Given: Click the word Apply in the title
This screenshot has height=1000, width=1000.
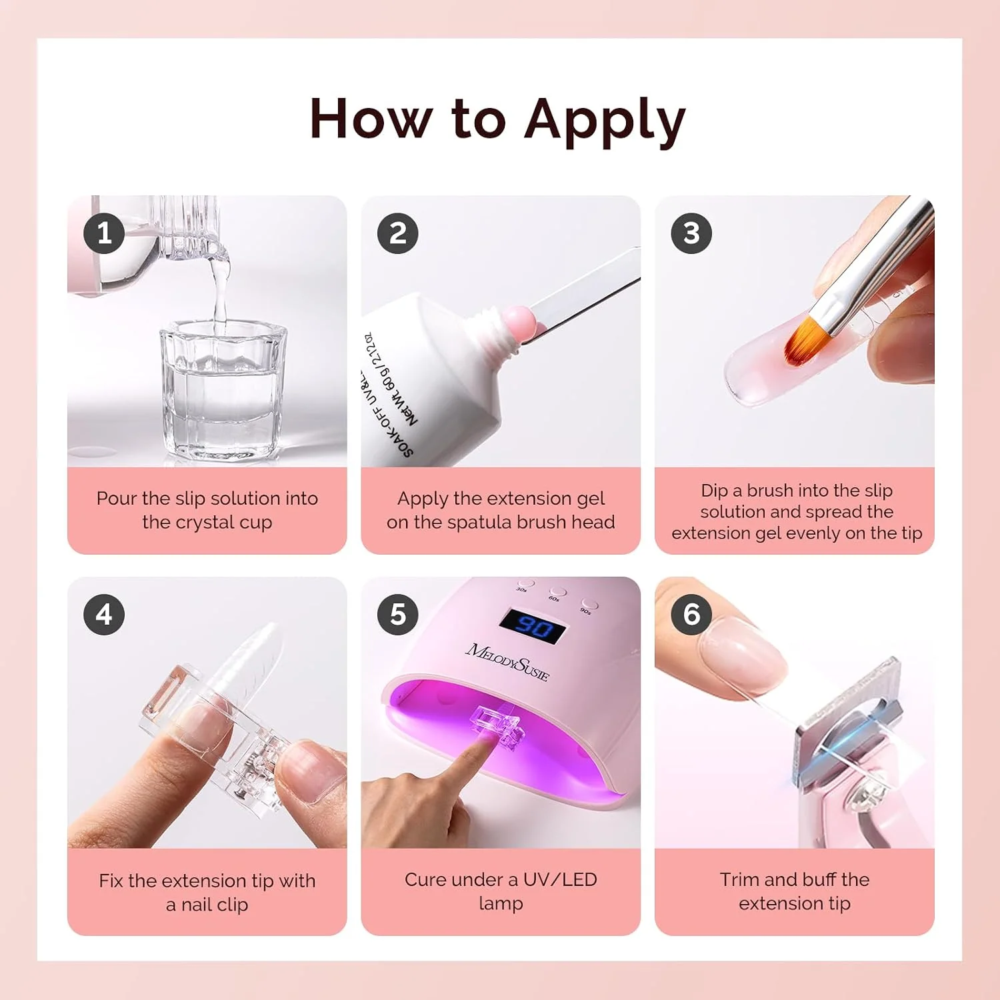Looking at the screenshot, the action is tap(605, 121).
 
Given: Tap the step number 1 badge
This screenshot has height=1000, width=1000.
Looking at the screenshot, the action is tap(104, 233).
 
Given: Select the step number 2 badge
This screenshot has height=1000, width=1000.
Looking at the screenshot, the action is tap(398, 233).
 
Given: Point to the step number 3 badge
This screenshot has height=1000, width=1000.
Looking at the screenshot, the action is tap(691, 233).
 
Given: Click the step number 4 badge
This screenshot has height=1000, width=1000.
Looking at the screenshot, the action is tap(104, 615).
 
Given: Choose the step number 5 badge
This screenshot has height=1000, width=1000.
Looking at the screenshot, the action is tap(398, 615).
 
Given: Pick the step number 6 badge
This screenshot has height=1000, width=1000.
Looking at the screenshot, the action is tap(691, 615).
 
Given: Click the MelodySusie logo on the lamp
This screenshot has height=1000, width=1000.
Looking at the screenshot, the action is tap(508, 661).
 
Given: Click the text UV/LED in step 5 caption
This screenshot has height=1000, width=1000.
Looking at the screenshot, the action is tap(560, 880).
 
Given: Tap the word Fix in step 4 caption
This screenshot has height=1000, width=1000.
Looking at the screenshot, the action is tap(111, 881).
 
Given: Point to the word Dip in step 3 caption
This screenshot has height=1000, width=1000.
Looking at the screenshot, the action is tap(714, 491).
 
